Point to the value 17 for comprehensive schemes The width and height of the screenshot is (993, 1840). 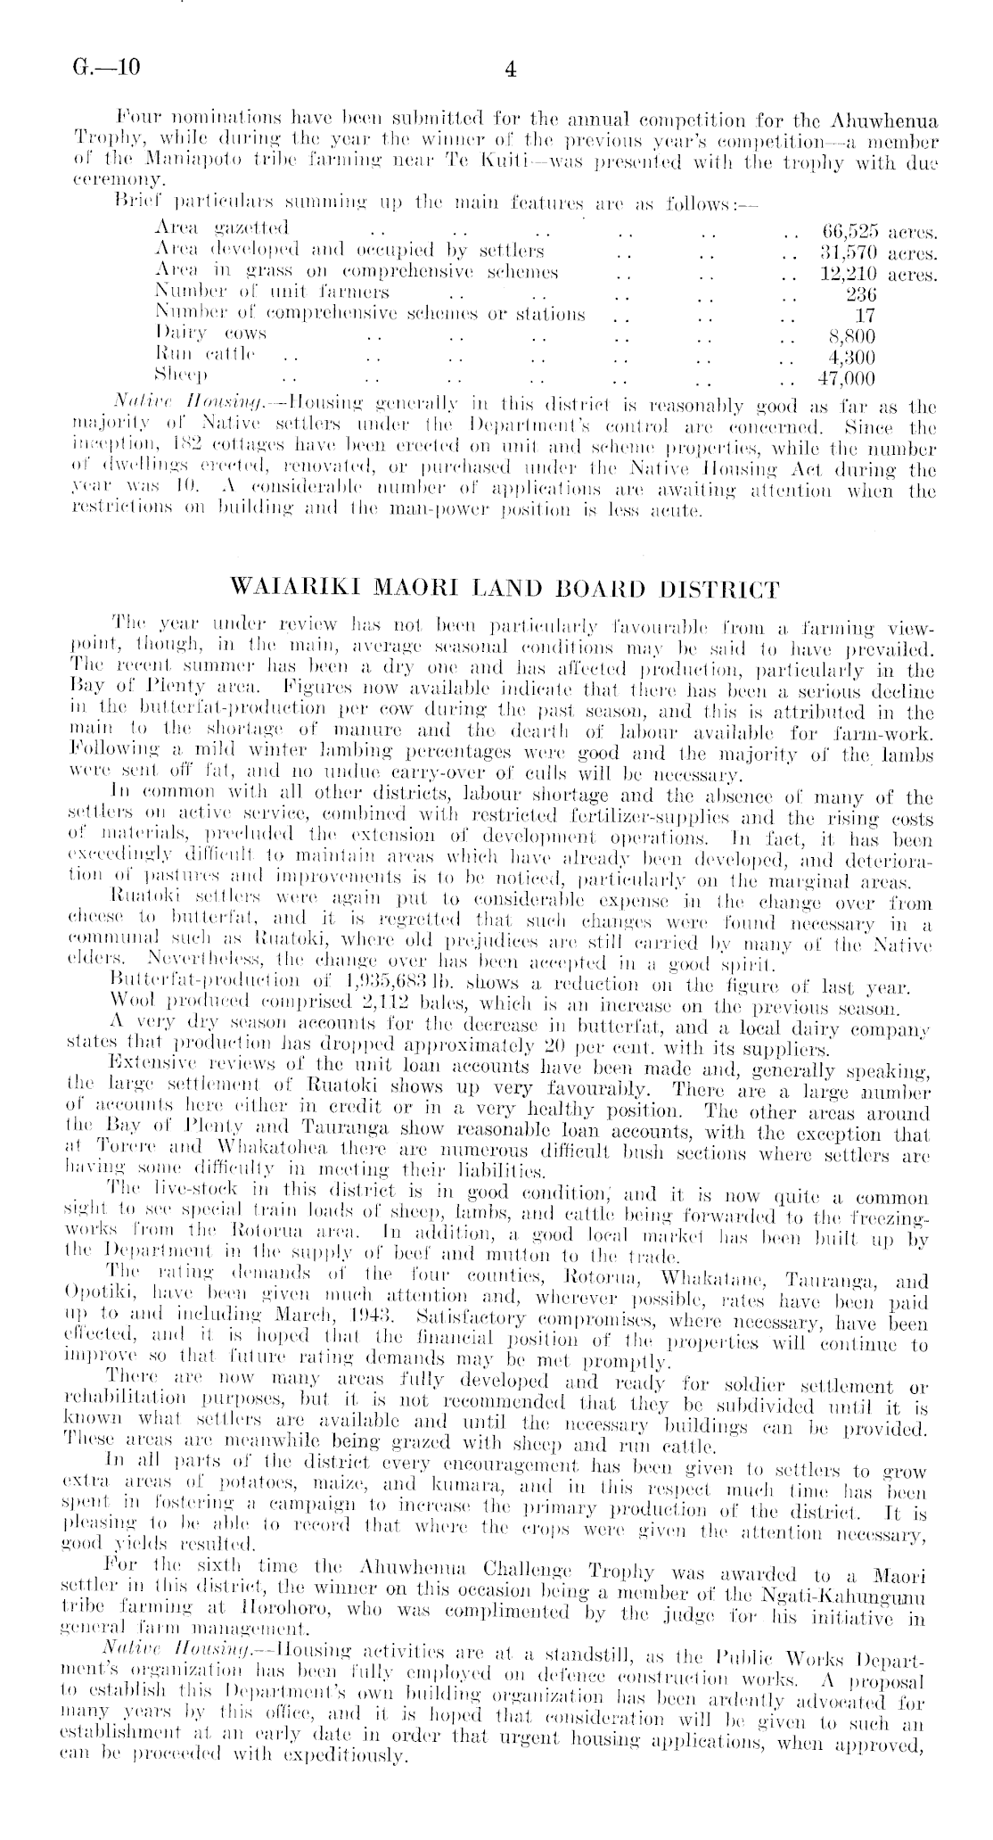click(864, 315)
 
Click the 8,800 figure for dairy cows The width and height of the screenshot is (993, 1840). click(852, 336)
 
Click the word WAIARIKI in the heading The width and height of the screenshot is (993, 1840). click(286, 590)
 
